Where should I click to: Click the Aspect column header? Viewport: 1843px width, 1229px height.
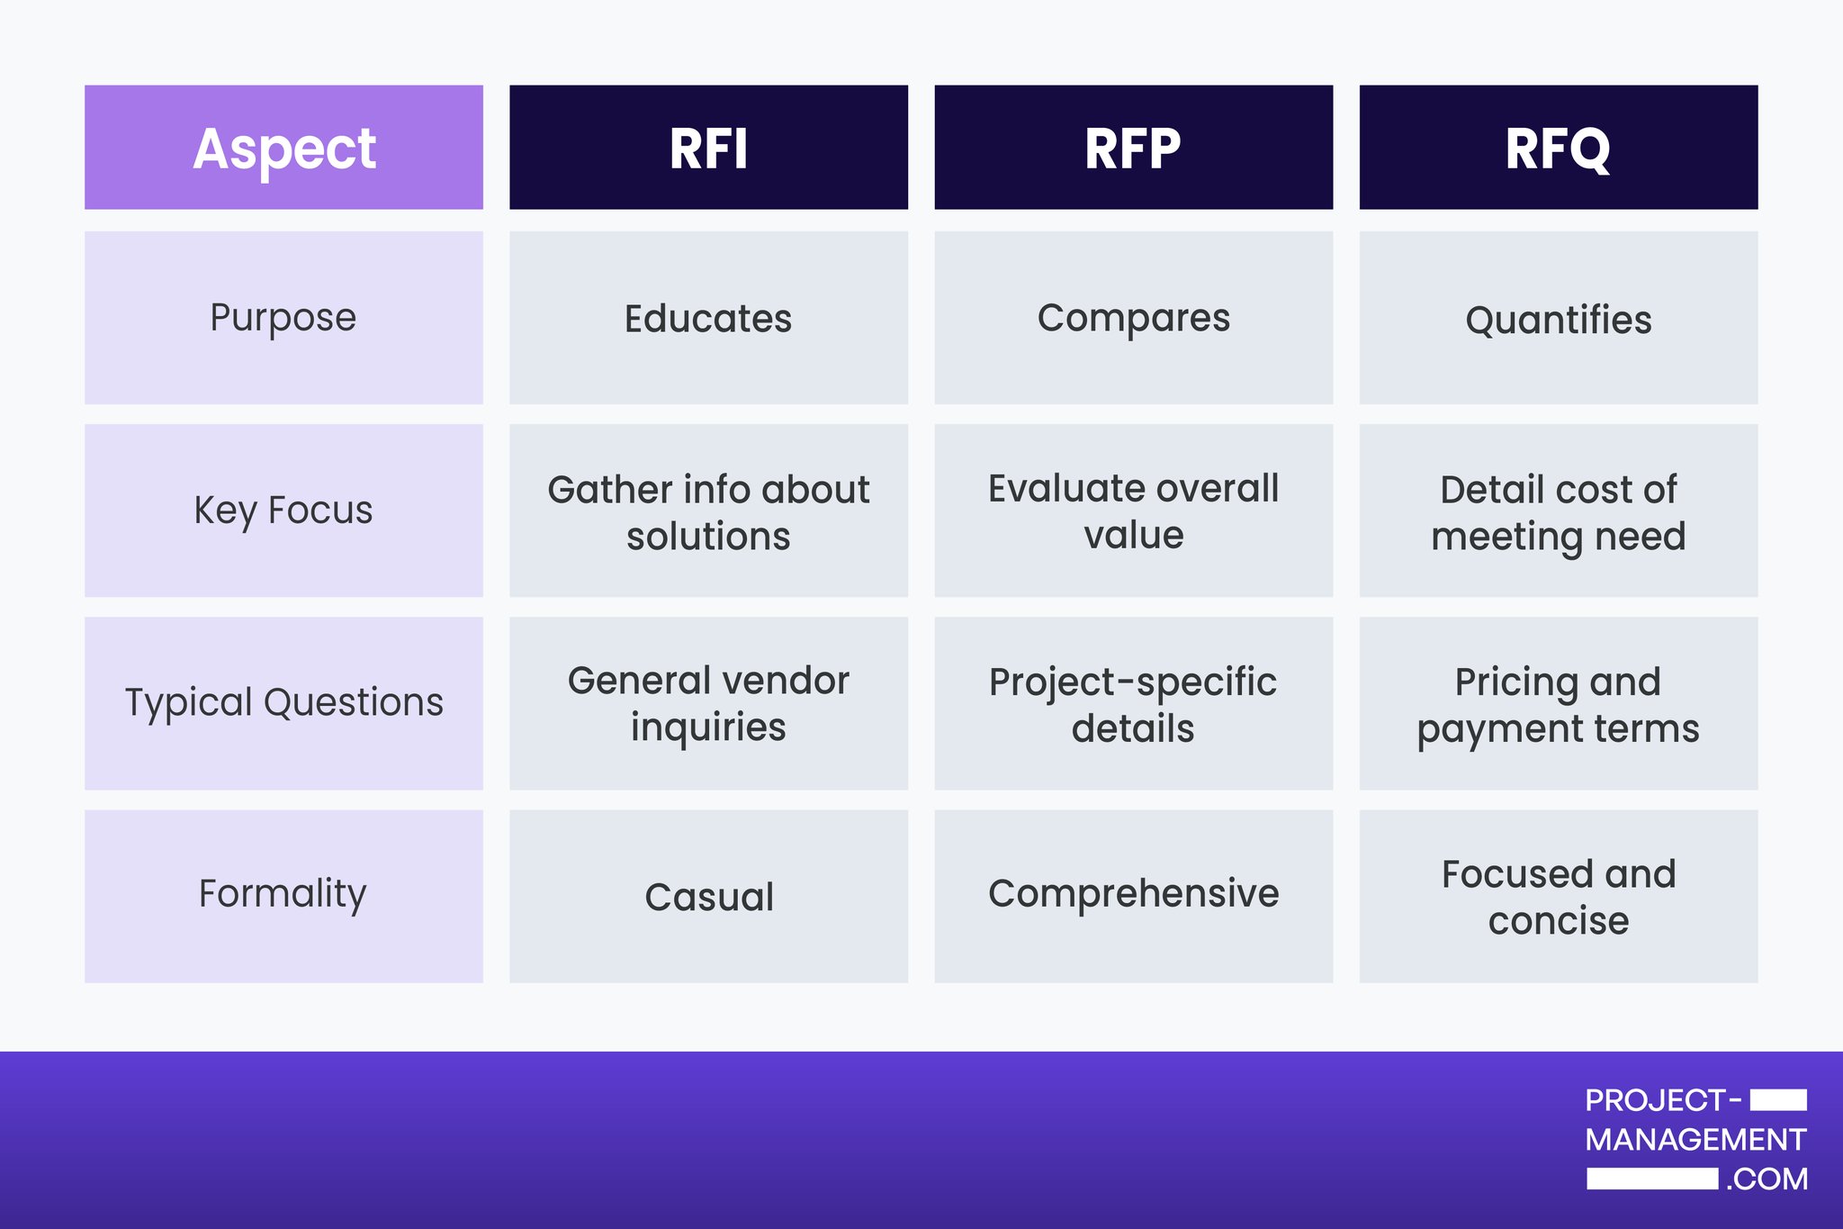click(283, 148)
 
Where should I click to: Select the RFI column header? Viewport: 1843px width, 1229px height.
click(708, 148)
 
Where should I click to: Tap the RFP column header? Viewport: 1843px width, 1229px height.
click(1133, 148)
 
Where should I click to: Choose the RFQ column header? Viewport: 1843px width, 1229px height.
click(1558, 148)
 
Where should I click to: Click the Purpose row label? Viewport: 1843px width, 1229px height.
click(283, 318)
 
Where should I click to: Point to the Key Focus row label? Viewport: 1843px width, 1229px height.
click(283, 511)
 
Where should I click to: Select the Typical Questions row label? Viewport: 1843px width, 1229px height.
click(283, 703)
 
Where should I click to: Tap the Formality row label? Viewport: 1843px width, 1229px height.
click(283, 895)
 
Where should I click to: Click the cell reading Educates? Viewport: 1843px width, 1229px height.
click(708, 318)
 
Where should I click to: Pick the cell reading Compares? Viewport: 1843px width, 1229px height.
click(1133, 318)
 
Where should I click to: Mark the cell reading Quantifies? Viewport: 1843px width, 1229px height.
click(1558, 320)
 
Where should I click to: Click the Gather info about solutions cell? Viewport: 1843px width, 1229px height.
click(708, 511)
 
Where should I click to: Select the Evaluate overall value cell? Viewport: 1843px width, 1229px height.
click(1133, 511)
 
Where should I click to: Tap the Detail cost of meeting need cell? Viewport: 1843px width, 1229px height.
click(1558, 511)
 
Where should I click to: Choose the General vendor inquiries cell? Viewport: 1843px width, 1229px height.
click(708, 703)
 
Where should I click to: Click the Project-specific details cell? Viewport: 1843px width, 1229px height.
click(1133, 704)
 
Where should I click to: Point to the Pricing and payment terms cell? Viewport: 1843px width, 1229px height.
click(1558, 704)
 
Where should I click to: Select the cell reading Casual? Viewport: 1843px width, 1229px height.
click(708, 897)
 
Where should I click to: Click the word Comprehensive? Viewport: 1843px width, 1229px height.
click(1133, 893)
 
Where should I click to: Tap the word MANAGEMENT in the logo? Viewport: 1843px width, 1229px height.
click(1695, 1140)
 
